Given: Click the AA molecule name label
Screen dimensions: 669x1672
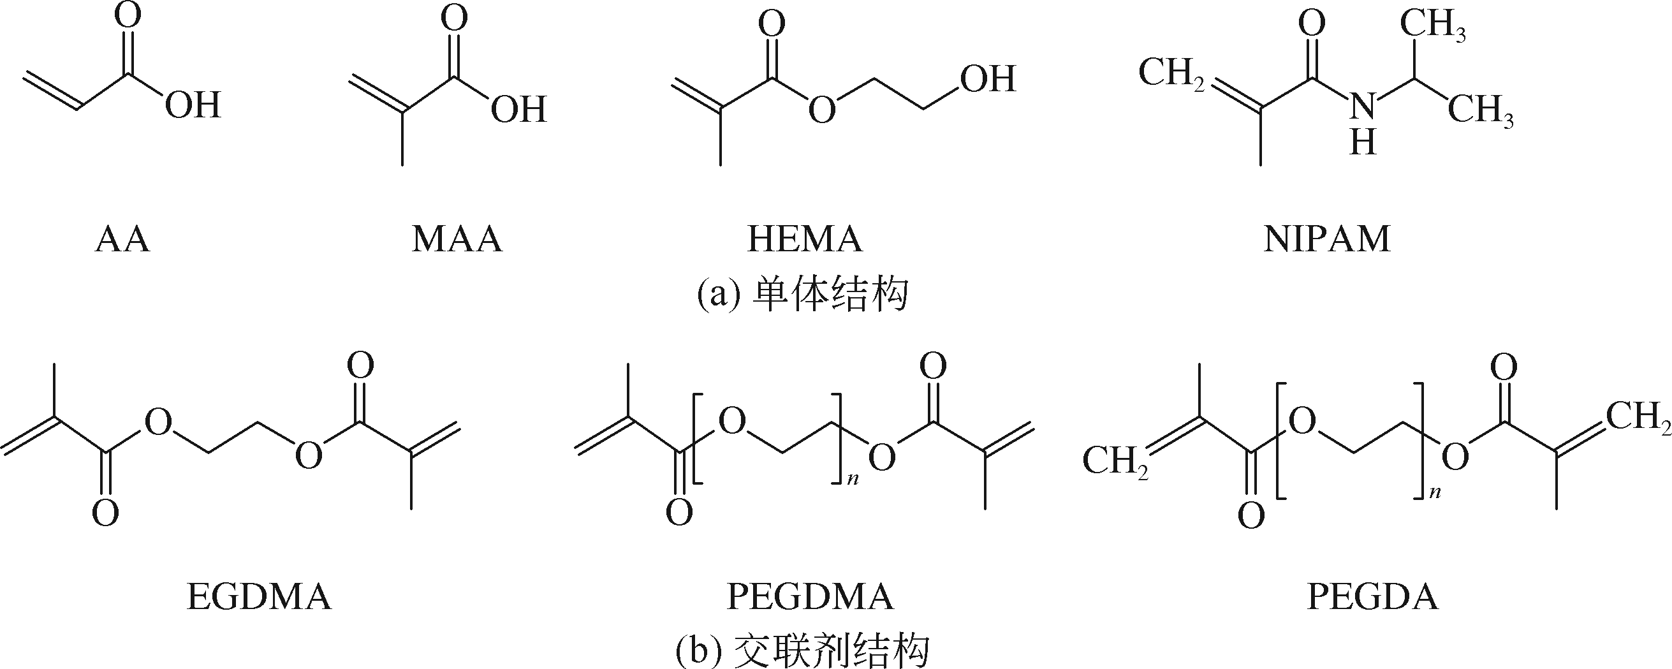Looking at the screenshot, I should [122, 239].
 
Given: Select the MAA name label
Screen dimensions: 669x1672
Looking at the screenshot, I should [457, 239].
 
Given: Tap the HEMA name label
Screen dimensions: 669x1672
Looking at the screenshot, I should [805, 239].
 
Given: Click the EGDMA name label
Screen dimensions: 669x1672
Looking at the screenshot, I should [259, 597].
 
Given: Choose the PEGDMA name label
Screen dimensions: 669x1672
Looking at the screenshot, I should [810, 597].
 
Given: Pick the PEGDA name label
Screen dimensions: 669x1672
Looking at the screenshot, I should [1373, 597].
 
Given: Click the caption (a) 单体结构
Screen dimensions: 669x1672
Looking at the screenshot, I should [803, 295].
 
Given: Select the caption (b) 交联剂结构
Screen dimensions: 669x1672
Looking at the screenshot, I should [803, 651].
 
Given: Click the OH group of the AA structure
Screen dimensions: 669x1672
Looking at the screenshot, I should [193, 105].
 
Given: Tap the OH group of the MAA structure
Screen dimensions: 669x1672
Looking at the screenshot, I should [518, 108].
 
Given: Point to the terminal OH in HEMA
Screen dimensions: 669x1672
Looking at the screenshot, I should [988, 79].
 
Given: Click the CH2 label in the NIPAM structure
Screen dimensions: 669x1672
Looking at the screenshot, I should [1171, 73].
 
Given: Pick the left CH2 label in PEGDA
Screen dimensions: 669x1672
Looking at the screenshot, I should [1114, 462].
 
